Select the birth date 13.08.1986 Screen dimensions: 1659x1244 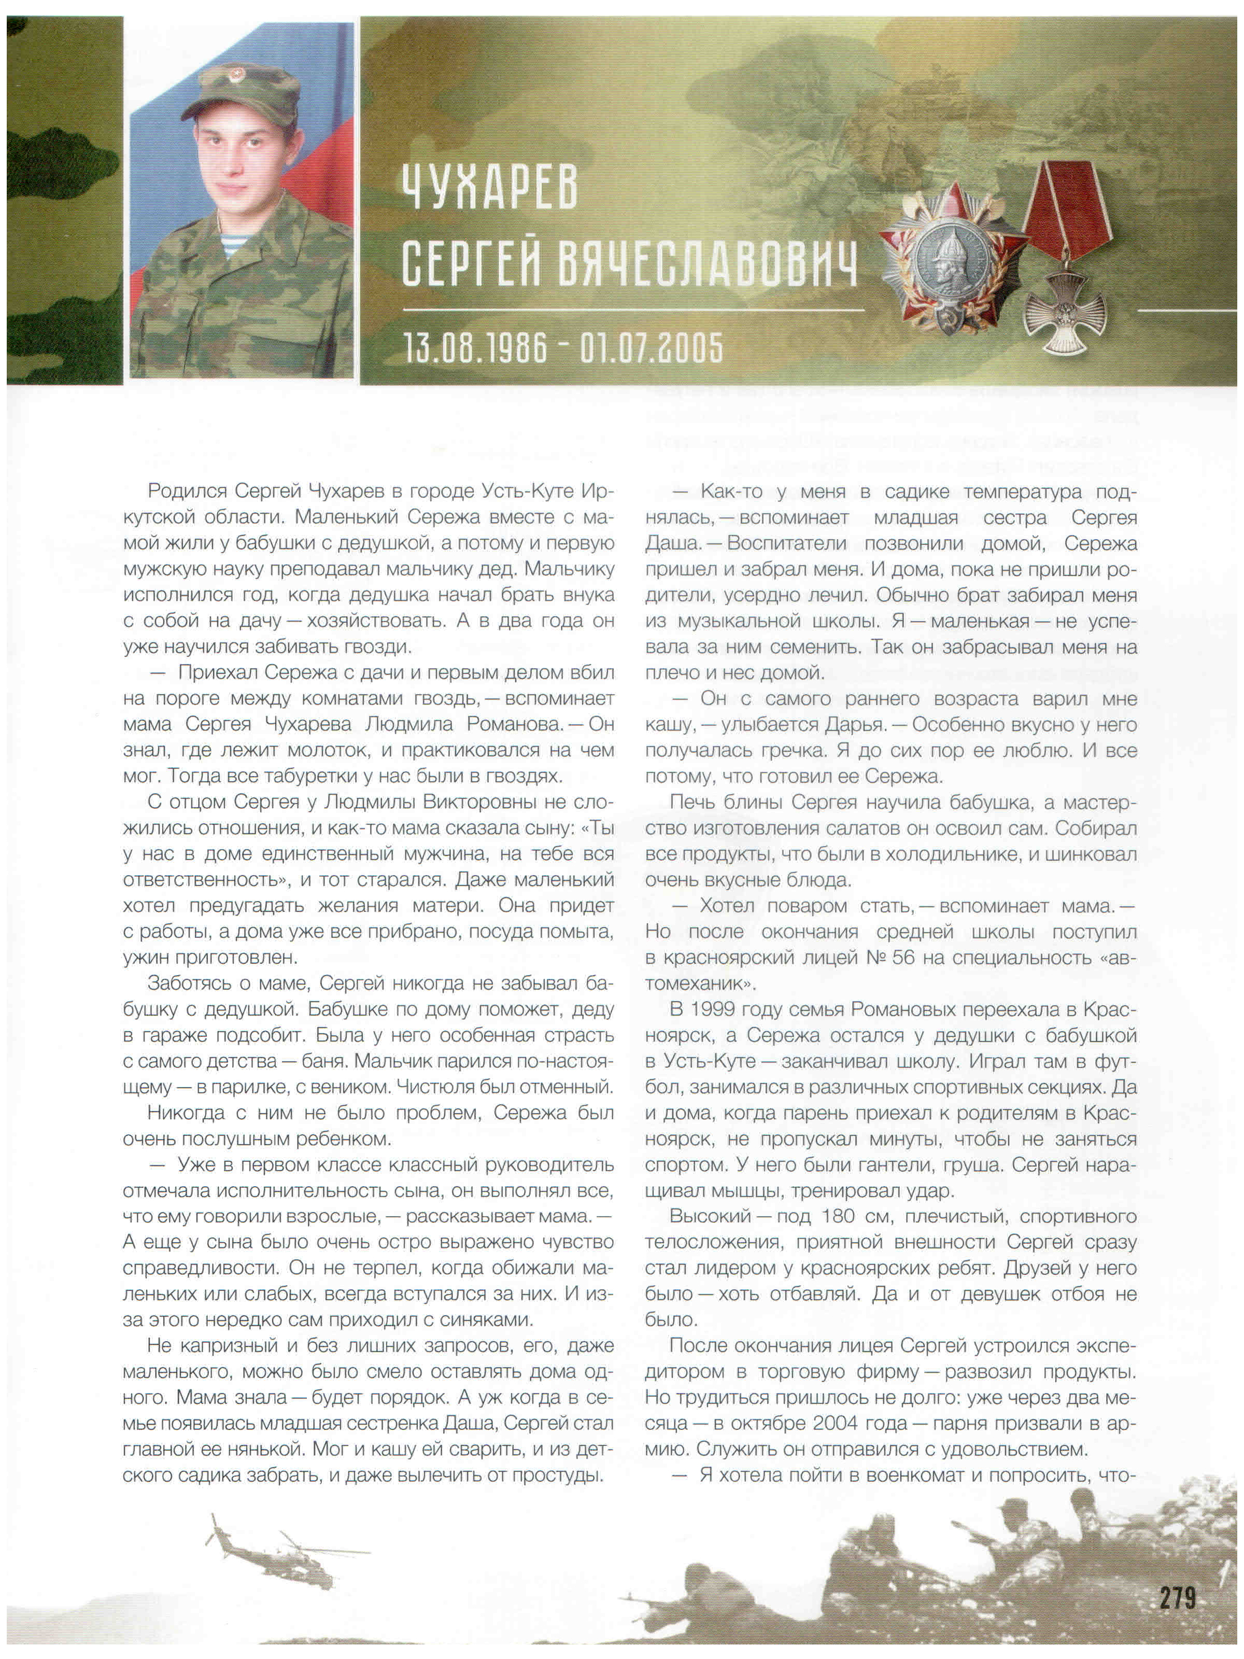click(x=475, y=347)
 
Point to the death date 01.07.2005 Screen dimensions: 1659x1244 click(x=652, y=347)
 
